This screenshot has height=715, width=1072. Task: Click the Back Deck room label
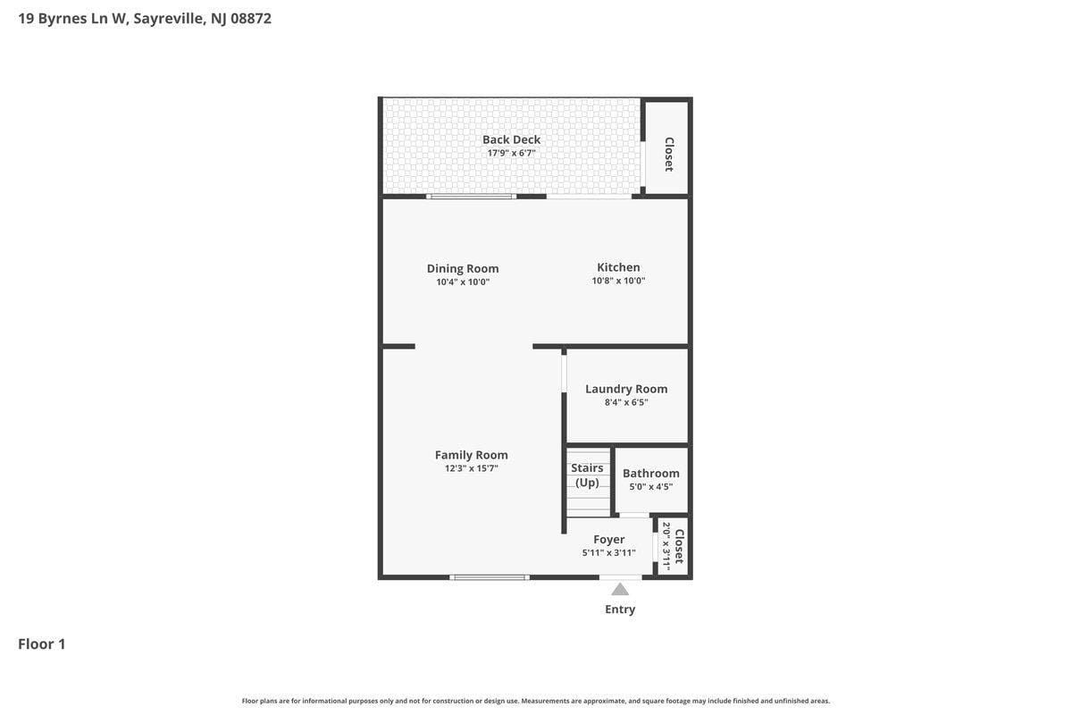(511, 139)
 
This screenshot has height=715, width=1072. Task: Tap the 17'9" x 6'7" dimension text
(511, 153)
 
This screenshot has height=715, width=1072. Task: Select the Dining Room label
(463, 269)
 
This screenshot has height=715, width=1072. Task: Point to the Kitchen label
(618, 267)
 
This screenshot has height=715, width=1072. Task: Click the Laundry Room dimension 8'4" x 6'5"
(626, 402)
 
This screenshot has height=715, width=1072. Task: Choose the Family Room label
(472, 455)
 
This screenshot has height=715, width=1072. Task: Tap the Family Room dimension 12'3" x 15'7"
(472, 468)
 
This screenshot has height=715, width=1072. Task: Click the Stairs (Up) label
(587, 475)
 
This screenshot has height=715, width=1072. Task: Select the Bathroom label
(651, 473)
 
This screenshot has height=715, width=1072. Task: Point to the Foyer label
(608, 540)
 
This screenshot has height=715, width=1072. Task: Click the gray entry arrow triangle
(620, 589)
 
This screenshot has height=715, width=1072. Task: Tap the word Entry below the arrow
(620, 610)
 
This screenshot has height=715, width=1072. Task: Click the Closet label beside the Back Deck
(669, 155)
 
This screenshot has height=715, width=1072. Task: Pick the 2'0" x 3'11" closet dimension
(666, 546)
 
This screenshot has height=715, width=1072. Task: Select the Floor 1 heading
(42, 643)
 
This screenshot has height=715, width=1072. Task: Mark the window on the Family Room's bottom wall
(490, 577)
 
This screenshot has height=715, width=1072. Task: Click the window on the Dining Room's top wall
(471, 197)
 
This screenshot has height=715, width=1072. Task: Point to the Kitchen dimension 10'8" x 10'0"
(618, 281)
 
